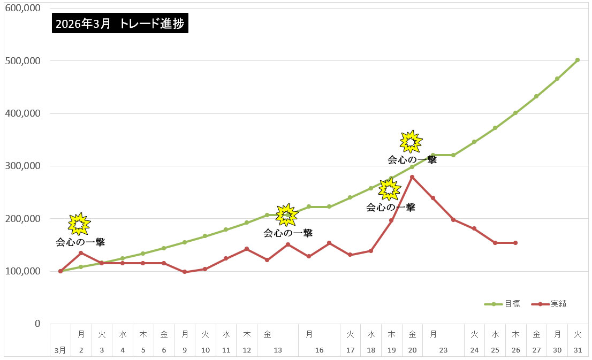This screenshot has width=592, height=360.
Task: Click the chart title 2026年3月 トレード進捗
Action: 120,24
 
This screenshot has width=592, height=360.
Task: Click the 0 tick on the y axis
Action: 37,324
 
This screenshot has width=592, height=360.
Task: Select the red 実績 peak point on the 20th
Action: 412,177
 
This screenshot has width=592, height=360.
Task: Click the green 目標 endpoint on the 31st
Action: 578,60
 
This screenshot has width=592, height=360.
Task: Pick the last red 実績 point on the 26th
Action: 515,243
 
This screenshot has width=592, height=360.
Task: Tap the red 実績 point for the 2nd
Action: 81,253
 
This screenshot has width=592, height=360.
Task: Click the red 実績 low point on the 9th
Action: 185,272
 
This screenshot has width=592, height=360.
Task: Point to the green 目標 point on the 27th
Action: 536,96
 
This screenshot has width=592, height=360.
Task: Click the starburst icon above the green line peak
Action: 410,141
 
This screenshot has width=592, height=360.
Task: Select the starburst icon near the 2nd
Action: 79,224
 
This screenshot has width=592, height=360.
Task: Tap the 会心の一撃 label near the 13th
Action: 288,233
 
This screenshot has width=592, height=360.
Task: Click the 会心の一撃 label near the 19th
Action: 391,208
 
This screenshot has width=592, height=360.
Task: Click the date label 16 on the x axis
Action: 319,350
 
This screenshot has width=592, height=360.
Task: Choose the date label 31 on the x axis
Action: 578,350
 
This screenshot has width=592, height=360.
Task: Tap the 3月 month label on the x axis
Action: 60,350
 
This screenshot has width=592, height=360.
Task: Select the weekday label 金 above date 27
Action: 536,334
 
